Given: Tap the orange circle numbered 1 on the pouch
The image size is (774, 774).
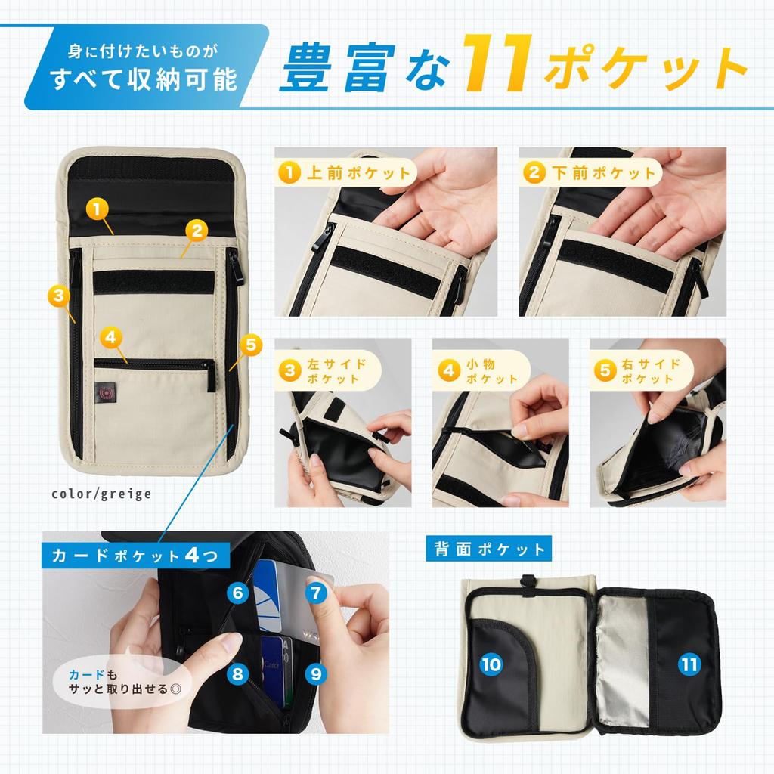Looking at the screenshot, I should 96,206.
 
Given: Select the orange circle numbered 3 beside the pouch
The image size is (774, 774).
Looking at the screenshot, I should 58,295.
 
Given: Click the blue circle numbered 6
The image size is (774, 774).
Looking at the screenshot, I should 238,593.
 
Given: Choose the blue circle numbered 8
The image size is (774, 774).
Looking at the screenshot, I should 238,672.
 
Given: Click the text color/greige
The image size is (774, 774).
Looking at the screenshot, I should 101,494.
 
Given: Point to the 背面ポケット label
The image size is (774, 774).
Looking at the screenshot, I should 490,549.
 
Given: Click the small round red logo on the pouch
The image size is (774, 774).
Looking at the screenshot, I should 107,393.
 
